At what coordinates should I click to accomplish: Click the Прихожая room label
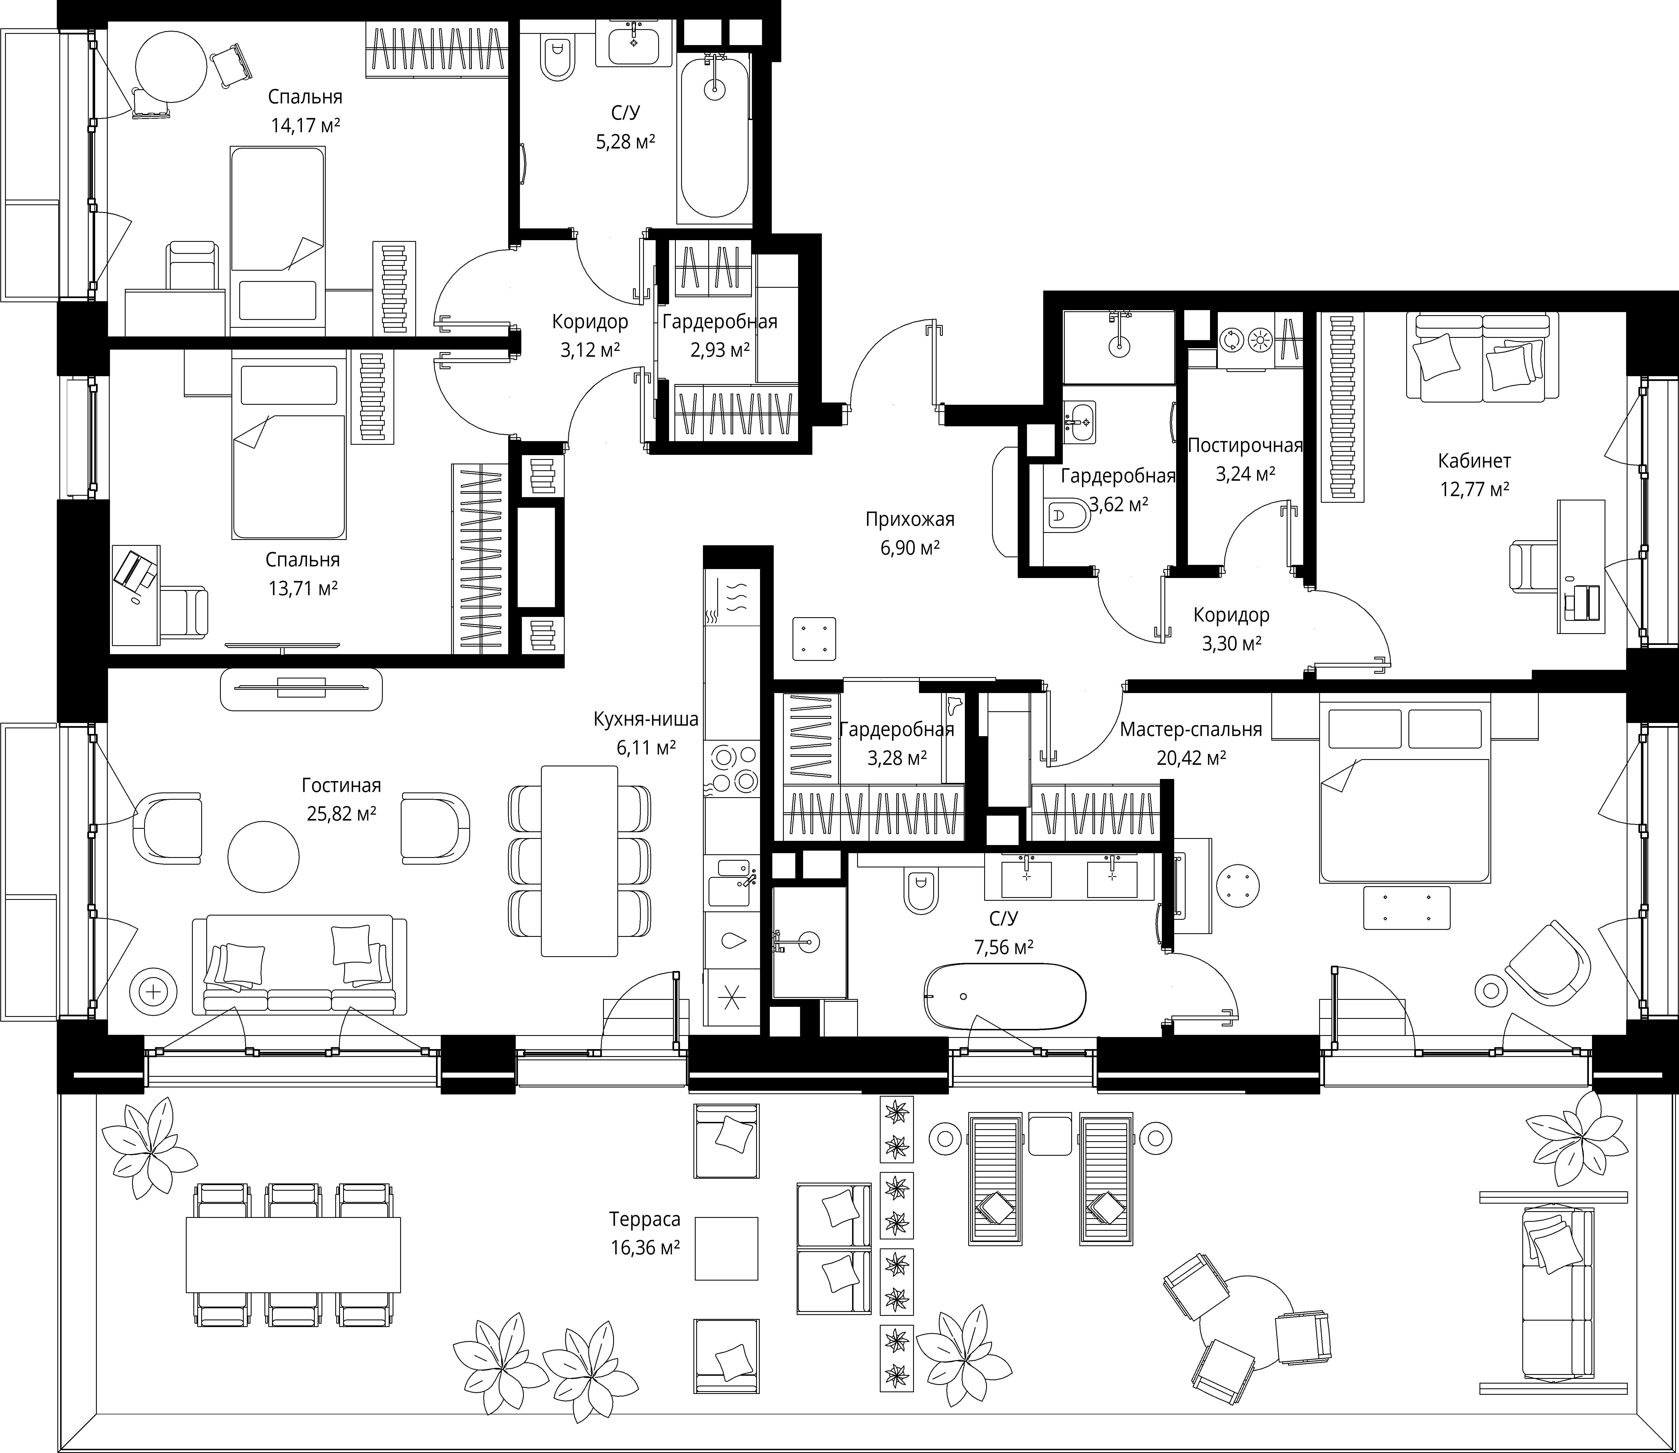910,519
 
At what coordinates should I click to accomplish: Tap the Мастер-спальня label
1191,730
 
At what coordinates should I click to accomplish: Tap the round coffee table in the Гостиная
264,855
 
